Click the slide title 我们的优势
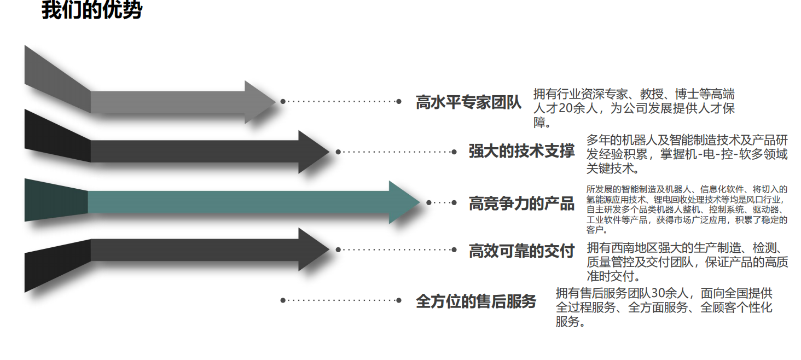(x=92, y=10)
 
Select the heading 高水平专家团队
(x=469, y=102)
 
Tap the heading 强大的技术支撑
(x=521, y=151)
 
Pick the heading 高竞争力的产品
(x=521, y=204)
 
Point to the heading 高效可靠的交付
(x=521, y=251)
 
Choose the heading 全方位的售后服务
(x=476, y=301)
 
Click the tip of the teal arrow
(x=418, y=202)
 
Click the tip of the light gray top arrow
(x=274, y=102)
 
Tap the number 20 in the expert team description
(x=567, y=108)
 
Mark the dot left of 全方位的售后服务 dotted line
(x=283, y=300)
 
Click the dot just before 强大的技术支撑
(x=454, y=152)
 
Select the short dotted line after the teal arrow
(x=441, y=202)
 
